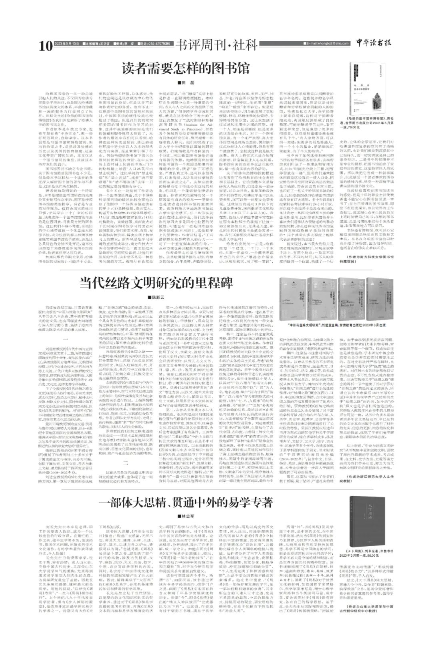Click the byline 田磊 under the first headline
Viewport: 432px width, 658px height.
[x=188, y=82]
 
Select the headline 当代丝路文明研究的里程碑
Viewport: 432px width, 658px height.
[x=156, y=271]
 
